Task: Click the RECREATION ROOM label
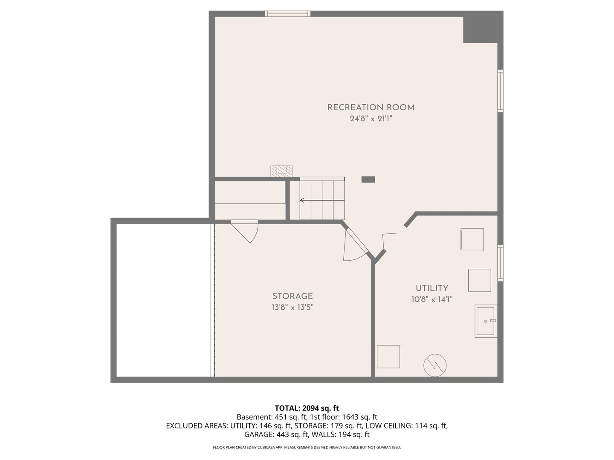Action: click(371, 107)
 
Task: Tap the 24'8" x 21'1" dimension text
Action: click(371, 119)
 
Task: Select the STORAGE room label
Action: click(293, 296)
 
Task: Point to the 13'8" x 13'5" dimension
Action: click(293, 308)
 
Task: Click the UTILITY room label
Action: click(432, 288)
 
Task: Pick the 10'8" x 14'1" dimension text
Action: click(432, 299)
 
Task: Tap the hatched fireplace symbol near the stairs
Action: click(281, 171)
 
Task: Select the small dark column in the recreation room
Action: click(368, 179)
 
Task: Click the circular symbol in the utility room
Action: click(435, 365)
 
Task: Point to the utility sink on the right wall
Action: click(486, 321)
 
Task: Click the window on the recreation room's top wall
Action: click(287, 14)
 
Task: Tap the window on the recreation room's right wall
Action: click(501, 91)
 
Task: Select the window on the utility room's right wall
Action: click(501, 263)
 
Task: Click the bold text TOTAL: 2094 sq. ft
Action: click(307, 408)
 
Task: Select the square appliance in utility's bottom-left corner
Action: click(388, 356)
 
